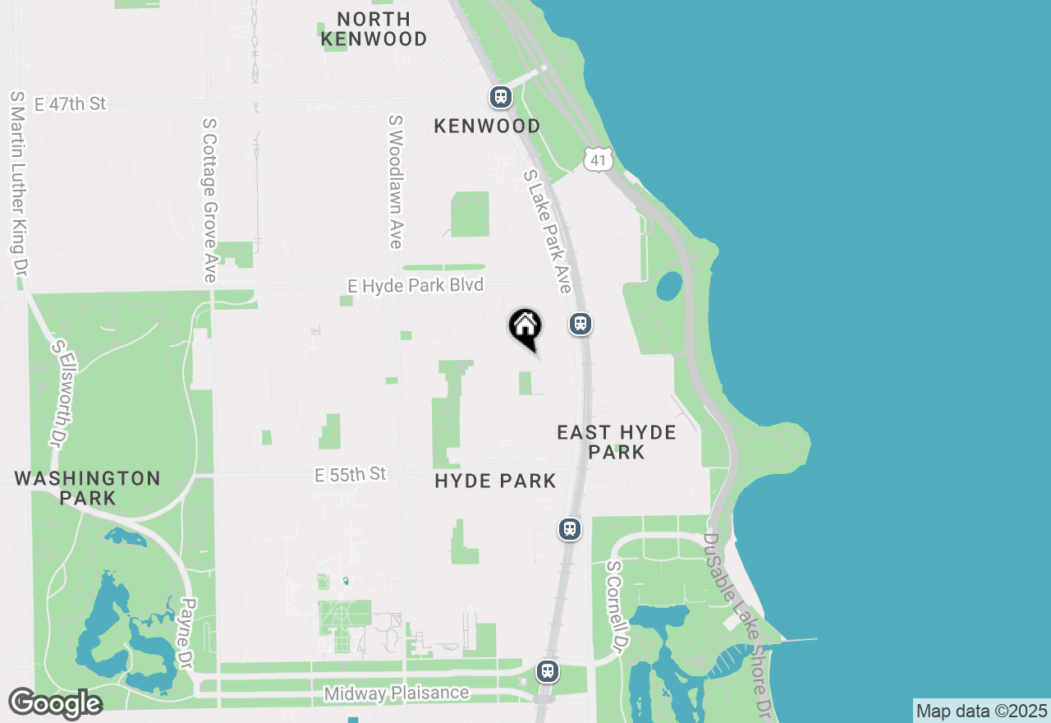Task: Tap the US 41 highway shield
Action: (599, 159)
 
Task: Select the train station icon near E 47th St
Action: (501, 97)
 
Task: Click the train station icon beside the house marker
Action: (581, 324)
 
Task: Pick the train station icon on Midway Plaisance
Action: (548, 671)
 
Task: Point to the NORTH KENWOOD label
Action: (374, 29)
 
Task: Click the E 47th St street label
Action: (71, 104)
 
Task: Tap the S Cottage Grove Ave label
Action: (209, 200)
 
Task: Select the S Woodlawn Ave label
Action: (396, 181)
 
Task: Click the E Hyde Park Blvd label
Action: (415, 285)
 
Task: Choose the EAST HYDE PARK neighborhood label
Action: (616, 442)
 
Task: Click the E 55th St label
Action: (350, 475)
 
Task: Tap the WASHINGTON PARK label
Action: (87, 488)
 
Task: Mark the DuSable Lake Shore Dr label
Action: (736, 624)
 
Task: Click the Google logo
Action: (55, 702)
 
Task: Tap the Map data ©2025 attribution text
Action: (982, 711)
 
